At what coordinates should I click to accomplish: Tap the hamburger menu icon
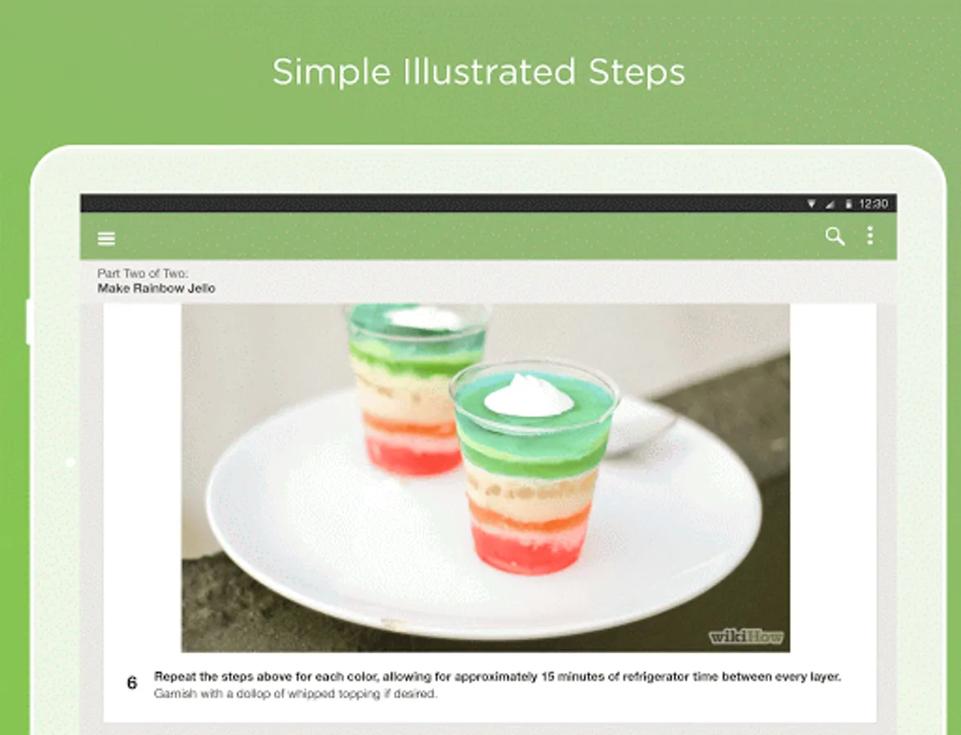[106, 238]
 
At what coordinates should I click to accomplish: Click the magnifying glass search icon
[835, 237]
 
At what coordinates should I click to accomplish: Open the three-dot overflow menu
[869, 236]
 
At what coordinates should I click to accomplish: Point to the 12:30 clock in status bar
[874, 204]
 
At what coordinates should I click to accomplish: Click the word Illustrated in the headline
[489, 72]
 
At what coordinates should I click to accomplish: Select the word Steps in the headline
[637, 73]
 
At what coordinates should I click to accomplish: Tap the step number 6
[132, 683]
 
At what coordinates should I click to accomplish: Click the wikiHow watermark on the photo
[746, 637]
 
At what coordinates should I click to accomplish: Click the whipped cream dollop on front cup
[529, 396]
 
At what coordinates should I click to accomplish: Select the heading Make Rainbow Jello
[156, 287]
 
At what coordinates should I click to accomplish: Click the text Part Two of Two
[143, 273]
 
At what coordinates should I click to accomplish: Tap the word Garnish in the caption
[171, 693]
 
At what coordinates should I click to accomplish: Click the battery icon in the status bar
[849, 204]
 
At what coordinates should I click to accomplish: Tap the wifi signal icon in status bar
[811, 204]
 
